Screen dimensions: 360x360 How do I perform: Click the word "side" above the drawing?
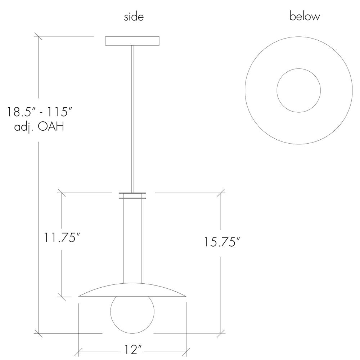[134, 17]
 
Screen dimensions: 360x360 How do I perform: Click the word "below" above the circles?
[305, 16]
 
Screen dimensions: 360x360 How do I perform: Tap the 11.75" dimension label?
[62, 237]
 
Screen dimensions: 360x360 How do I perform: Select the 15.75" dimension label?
[222, 242]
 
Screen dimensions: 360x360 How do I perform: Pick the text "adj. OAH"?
[39, 126]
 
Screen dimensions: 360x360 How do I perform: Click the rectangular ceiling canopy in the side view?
[132, 41]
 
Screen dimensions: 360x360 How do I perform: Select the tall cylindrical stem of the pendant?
[132, 241]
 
